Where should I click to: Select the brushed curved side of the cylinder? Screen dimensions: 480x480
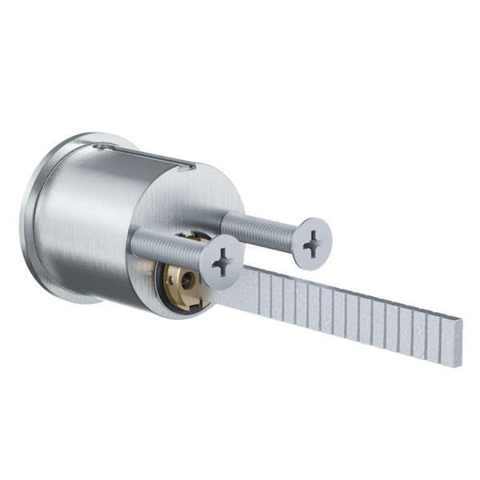[x=88, y=216]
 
